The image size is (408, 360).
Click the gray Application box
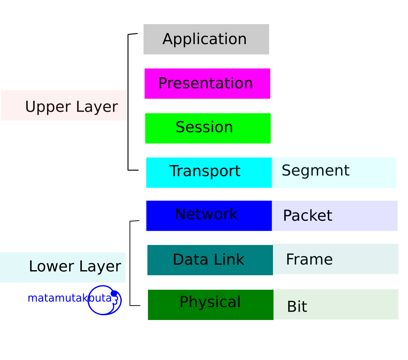(x=206, y=39)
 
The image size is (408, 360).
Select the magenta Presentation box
(x=207, y=83)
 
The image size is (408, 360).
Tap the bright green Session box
(x=208, y=128)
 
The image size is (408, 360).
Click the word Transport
(x=205, y=171)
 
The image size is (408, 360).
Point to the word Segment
(x=316, y=171)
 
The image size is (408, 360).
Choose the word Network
(x=206, y=214)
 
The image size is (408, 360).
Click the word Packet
(x=307, y=216)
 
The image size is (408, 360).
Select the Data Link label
(x=208, y=260)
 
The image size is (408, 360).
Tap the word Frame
(x=309, y=259)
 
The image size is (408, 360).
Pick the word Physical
(x=210, y=302)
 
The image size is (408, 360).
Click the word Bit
(x=297, y=307)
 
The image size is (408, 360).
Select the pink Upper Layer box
(x=64, y=105)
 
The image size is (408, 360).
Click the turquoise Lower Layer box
(x=63, y=267)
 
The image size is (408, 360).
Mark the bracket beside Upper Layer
(x=128, y=102)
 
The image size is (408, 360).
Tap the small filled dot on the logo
(x=114, y=293)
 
